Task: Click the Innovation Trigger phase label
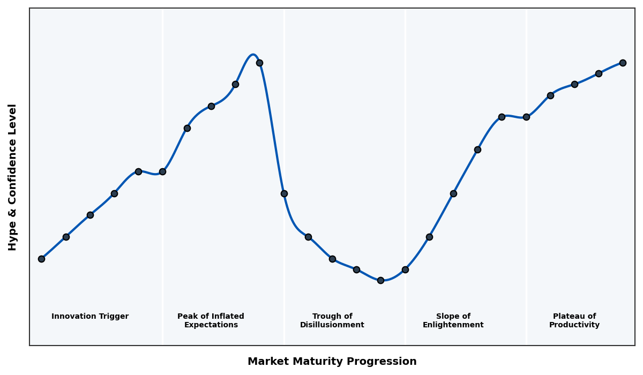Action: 90,317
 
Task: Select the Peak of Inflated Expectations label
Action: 211,320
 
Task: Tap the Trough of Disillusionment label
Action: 332,320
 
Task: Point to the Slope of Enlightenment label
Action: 453,320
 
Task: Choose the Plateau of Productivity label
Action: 574,320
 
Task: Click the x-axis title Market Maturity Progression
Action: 332,362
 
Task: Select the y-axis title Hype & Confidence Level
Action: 13,177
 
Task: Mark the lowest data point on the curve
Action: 380,280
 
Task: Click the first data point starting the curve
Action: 41,259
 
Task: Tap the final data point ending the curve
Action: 623,63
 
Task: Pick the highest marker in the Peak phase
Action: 259,63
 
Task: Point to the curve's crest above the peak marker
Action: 253,55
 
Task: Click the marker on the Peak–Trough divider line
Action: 284,193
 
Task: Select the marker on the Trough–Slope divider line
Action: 405,269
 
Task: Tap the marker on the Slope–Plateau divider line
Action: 526,117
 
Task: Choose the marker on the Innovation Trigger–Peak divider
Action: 162,171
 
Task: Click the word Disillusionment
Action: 332,325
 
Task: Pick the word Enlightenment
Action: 453,325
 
